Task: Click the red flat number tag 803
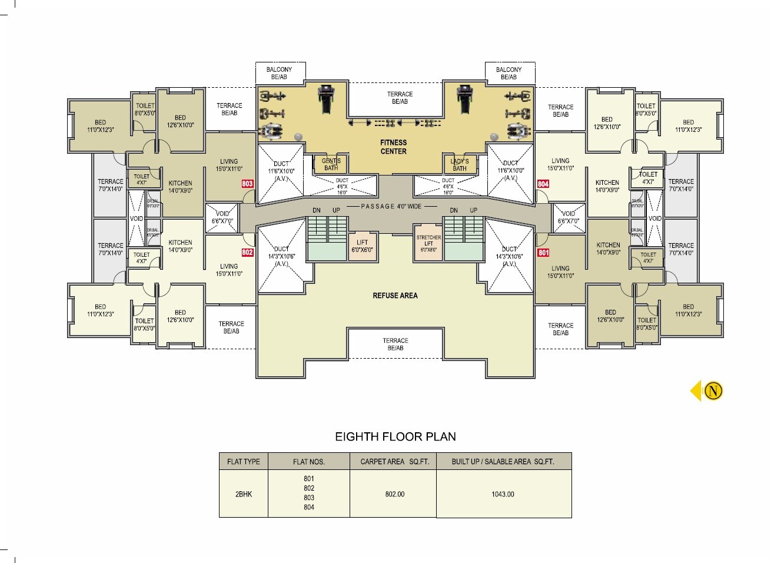[247, 184]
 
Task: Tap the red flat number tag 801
[543, 253]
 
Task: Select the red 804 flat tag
[543, 184]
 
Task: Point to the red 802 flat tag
[247, 253]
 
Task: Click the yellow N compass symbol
[713, 391]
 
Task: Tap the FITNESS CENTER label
[393, 147]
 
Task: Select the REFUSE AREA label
[395, 296]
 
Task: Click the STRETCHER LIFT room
[428, 243]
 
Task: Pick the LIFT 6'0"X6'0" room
[362, 246]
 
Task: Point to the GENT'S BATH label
[331, 164]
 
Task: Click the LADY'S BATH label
[459, 164]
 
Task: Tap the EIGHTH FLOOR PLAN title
[395, 436]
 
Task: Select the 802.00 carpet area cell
[394, 494]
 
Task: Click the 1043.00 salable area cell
[503, 494]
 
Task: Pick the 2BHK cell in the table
[243, 494]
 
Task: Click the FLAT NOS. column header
[308, 462]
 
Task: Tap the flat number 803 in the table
[308, 498]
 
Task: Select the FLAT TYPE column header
[243, 462]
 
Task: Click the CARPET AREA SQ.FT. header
[394, 462]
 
